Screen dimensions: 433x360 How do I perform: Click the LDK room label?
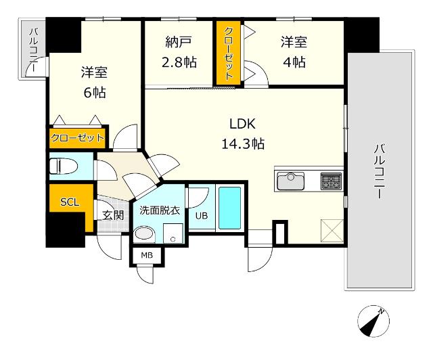[x=242, y=124]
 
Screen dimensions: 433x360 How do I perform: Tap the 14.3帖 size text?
[x=243, y=144]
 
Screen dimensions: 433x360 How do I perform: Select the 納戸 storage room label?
[x=178, y=42]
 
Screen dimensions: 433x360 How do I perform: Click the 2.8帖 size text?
[x=179, y=62]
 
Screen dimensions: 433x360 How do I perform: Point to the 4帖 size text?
[x=294, y=62]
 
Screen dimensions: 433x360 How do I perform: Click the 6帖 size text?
[x=95, y=93]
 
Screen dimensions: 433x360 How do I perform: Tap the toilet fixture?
[x=64, y=166]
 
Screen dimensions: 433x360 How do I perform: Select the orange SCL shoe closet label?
[x=70, y=202]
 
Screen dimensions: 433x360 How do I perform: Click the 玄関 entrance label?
[x=113, y=215]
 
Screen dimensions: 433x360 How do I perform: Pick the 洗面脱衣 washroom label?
[x=160, y=210]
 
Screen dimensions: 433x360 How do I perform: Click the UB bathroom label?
[x=202, y=215]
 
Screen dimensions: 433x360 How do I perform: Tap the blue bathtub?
[x=230, y=208]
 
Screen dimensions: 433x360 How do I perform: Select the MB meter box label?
[x=147, y=255]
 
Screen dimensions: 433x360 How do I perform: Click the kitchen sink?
[x=290, y=181]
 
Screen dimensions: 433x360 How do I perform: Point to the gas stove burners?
[x=331, y=181]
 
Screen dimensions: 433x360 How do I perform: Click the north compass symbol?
[x=373, y=321]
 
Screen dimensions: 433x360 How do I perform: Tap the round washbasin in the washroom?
[x=144, y=233]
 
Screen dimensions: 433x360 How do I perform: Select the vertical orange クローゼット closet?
[x=229, y=53]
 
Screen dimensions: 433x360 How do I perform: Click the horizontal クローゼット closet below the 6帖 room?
[x=78, y=137]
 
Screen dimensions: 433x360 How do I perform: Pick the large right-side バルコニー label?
[x=380, y=171]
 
